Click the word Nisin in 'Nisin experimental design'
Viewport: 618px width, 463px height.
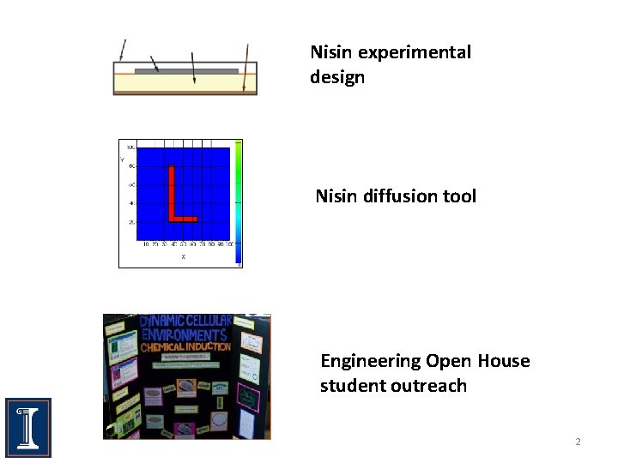(x=331, y=52)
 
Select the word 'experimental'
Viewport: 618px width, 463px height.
(x=414, y=52)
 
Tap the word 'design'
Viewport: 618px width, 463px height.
(x=337, y=77)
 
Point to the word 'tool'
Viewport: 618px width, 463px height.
(x=458, y=196)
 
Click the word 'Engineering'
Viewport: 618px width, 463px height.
(x=370, y=361)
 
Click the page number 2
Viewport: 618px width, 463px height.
(x=578, y=442)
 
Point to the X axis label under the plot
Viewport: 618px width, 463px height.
(x=183, y=256)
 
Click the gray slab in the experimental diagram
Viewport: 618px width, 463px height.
(x=186, y=71)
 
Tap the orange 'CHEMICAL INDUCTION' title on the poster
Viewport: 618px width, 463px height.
(x=185, y=347)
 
